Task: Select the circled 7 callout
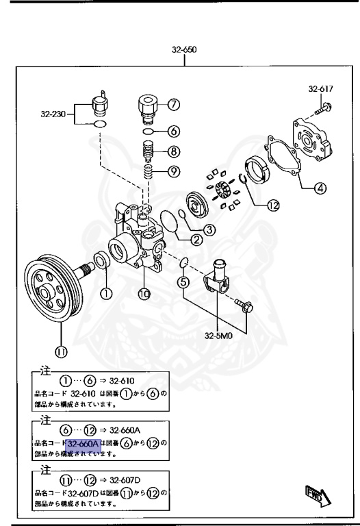(x=174, y=105)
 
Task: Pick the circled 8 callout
(x=174, y=152)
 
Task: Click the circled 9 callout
(x=174, y=171)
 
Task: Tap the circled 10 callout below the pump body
(x=144, y=295)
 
